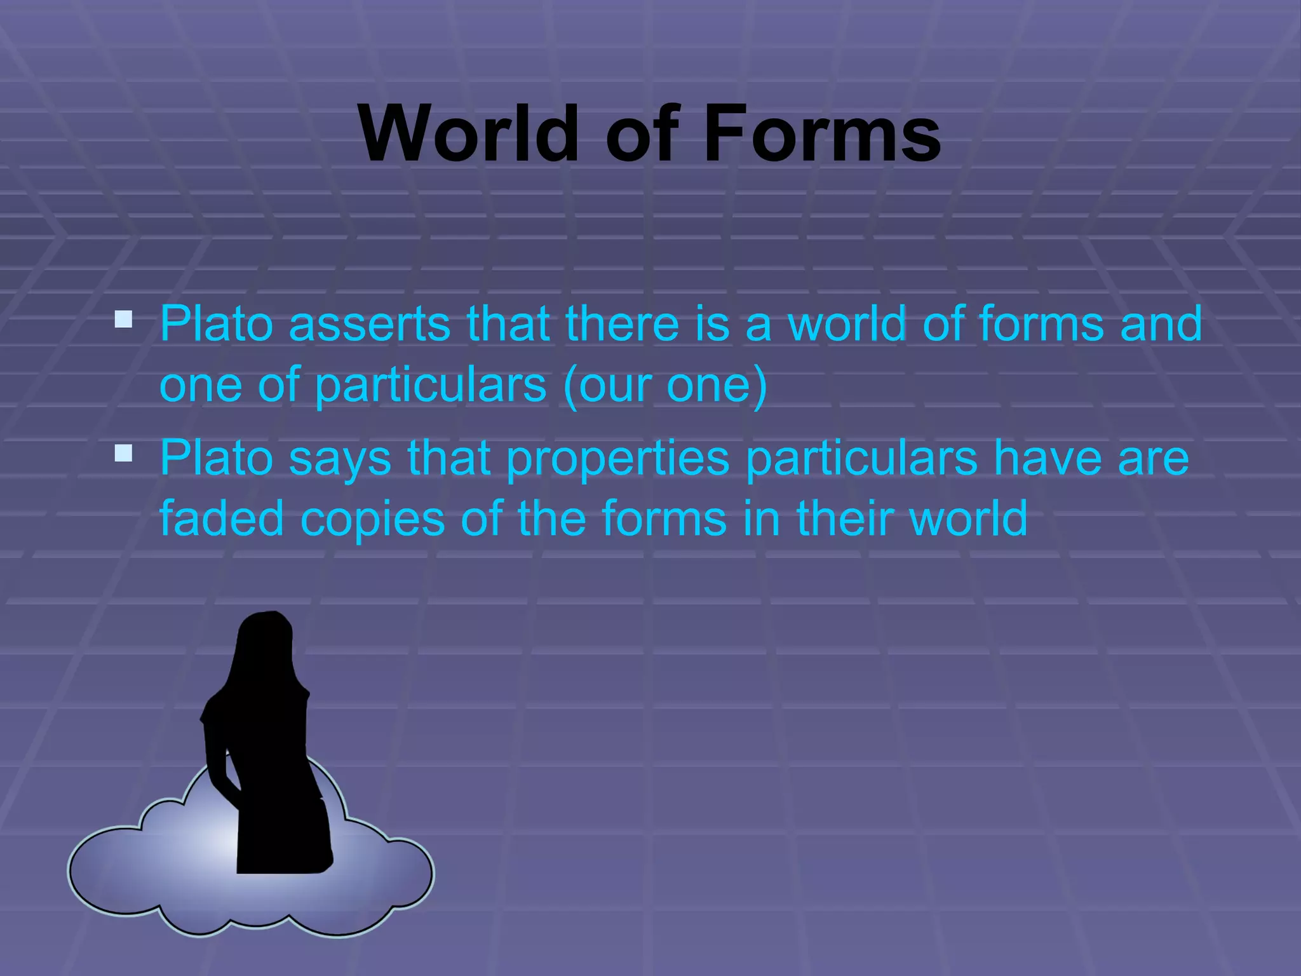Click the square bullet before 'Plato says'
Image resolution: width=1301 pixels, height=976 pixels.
pyautogui.click(x=123, y=452)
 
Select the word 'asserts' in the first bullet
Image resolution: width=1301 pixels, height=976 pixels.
pyautogui.click(x=370, y=324)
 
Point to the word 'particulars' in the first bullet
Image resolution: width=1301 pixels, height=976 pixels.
pyautogui.click(x=431, y=385)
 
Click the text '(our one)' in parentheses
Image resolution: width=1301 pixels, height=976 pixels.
pyautogui.click(x=665, y=385)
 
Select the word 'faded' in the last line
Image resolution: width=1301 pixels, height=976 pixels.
pyautogui.click(x=222, y=518)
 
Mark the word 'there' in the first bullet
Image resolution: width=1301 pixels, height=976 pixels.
pyautogui.click(x=623, y=324)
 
